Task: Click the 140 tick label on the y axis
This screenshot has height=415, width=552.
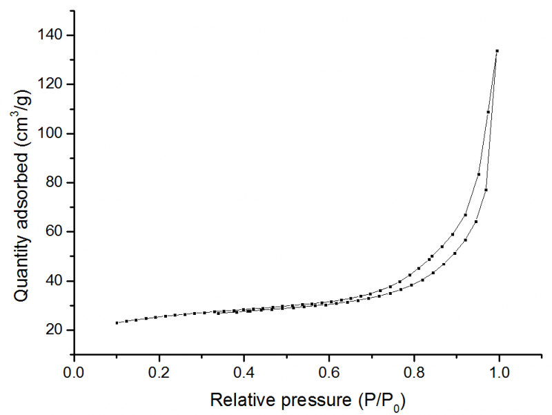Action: click(x=52, y=35)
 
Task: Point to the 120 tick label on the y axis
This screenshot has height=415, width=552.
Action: click(x=52, y=84)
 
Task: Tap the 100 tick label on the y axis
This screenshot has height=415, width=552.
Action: click(x=52, y=133)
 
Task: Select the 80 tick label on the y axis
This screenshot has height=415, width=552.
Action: click(x=56, y=182)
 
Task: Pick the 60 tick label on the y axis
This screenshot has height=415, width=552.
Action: click(x=56, y=232)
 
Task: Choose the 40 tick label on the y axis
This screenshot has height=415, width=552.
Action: click(x=56, y=281)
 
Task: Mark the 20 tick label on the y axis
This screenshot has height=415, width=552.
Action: click(x=56, y=330)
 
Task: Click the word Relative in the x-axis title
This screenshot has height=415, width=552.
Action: click(x=239, y=399)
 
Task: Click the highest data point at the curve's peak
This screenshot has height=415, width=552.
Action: click(x=497, y=50)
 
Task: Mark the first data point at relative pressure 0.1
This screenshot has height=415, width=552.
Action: click(x=117, y=322)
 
